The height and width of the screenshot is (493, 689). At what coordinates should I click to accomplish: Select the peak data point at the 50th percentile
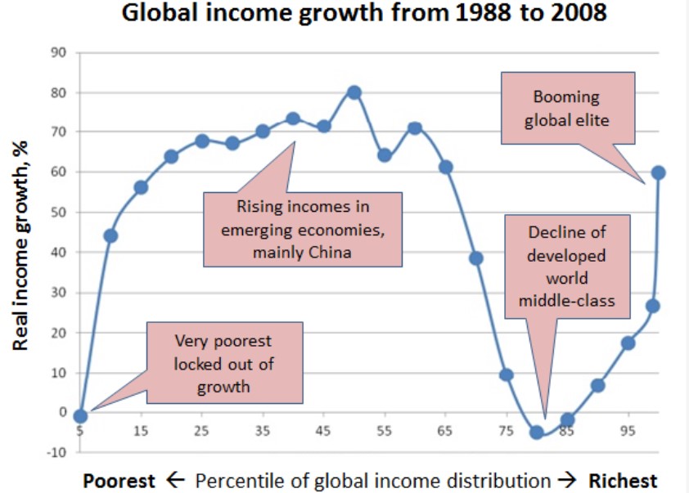click(x=354, y=92)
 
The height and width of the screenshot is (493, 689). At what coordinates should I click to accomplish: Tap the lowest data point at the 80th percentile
click(x=537, y=432)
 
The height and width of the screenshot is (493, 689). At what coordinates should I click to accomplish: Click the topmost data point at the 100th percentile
click(x=658, y=173)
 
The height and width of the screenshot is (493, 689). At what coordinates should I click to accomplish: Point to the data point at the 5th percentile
click(x=79, y=416)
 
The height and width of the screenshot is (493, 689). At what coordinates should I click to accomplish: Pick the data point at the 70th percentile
click(x=475, y=258)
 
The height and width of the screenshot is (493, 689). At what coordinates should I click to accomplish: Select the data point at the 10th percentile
click(x=110, y=236)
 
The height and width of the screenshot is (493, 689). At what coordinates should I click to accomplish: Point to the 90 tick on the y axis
click(x=59, y=52)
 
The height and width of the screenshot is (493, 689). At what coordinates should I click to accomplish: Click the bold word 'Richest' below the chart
click(x=623, y=480)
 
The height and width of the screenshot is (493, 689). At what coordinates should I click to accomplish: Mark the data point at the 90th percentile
click(x=597, y=385)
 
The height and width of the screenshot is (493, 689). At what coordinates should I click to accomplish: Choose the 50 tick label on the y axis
click(x=59, y=213)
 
